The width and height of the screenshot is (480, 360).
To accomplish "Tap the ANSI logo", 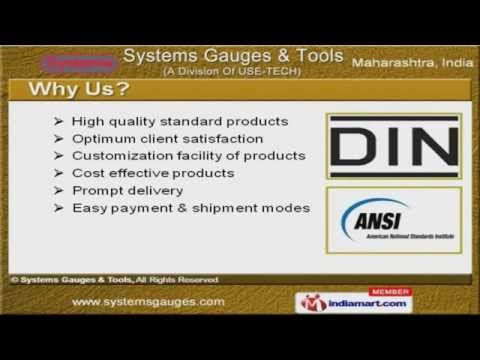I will pos(394,220).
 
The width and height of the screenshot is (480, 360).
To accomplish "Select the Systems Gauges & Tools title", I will pos(234,54).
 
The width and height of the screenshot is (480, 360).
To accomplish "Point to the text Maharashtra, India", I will pos(412,63).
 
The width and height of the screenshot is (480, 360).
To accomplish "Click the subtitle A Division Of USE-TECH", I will pos(234,70).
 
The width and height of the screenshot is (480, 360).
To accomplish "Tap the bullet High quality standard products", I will pos(180,121).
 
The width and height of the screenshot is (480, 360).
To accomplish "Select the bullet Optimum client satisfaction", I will pos(167,138).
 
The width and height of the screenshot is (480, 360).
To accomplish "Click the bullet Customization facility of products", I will pos(188,155).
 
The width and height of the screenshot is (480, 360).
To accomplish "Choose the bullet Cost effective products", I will pos(152,173).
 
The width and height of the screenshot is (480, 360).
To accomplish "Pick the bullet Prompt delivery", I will pos(127,190).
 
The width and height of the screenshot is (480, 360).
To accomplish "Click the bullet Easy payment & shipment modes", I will pos(191,208).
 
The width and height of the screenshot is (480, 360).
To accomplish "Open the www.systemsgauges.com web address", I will pos(149,301).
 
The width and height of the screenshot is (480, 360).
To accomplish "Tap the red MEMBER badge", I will pos(389,291).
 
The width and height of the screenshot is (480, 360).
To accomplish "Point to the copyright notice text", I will pos(114,279).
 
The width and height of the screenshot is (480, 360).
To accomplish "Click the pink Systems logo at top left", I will pos(78,63).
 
